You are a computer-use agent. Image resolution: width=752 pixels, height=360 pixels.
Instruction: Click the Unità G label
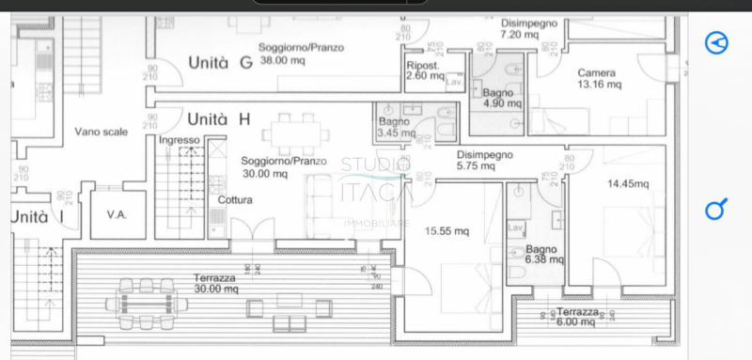(x=219, y=64)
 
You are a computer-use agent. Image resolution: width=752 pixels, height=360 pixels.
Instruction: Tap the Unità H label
(x=218, y=119)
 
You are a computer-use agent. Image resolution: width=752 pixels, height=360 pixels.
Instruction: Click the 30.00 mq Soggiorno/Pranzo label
(x=283, y=167)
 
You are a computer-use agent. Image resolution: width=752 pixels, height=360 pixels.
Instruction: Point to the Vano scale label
(x=101, y=133)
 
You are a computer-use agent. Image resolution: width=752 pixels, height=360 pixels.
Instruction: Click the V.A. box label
(x=116, y=214)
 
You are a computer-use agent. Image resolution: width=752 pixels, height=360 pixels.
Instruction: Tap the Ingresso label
(x=180, y=140)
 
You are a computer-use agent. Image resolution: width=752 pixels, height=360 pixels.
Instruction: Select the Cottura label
(x=235, y=200)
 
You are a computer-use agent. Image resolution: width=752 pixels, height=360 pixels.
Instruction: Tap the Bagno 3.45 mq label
(x=395, y=128)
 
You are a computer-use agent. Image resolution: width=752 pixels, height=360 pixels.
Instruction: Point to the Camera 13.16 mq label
(x=598, y=78)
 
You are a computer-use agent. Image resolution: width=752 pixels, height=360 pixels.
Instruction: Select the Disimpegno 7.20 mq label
(x=529, y=27)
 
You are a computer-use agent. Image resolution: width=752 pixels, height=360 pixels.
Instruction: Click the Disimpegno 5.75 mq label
(x=484, y=160)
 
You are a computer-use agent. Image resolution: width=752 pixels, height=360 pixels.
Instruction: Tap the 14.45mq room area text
(x=628, y=184)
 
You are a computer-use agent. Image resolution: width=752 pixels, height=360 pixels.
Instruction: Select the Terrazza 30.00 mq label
(x=217, y=283)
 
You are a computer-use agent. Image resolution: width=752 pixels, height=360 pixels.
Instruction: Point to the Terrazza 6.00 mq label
(x=575, y=316)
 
